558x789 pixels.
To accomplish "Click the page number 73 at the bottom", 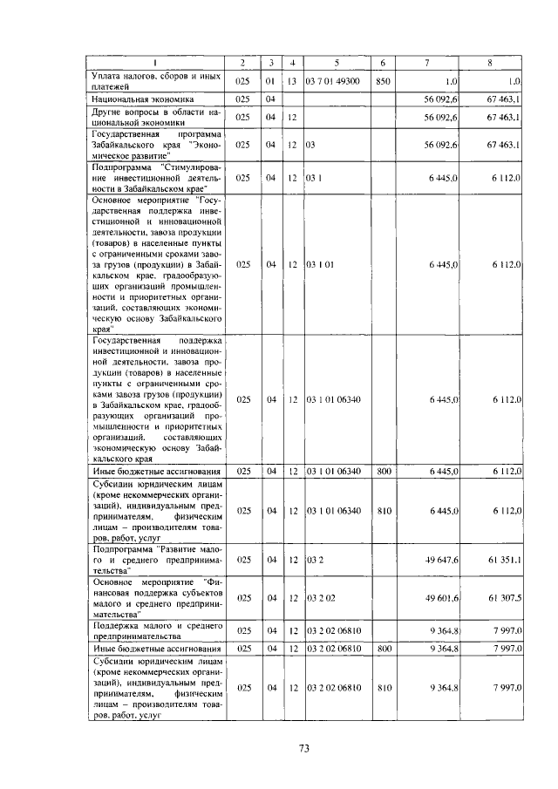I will (x=304, y=747).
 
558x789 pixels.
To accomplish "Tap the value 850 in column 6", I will (x=382, y=81).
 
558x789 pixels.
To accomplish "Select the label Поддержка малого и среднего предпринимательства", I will (x=156, y=630).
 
